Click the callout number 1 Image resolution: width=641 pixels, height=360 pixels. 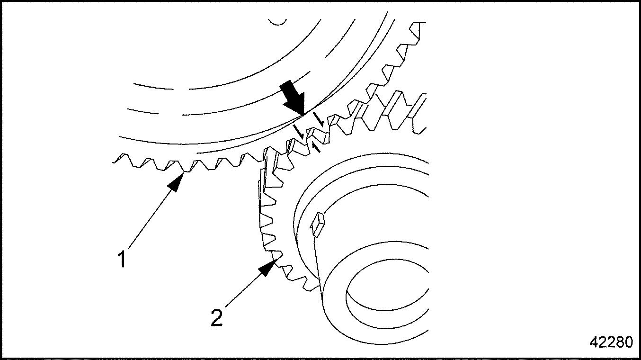click(122, 260)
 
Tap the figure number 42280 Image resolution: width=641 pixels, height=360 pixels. click(610, 342)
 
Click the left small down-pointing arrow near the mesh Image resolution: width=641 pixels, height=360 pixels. click(299, 131)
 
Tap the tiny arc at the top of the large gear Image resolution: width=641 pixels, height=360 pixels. click(277, 21)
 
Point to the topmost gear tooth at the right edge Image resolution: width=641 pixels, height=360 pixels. click(418, 29)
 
